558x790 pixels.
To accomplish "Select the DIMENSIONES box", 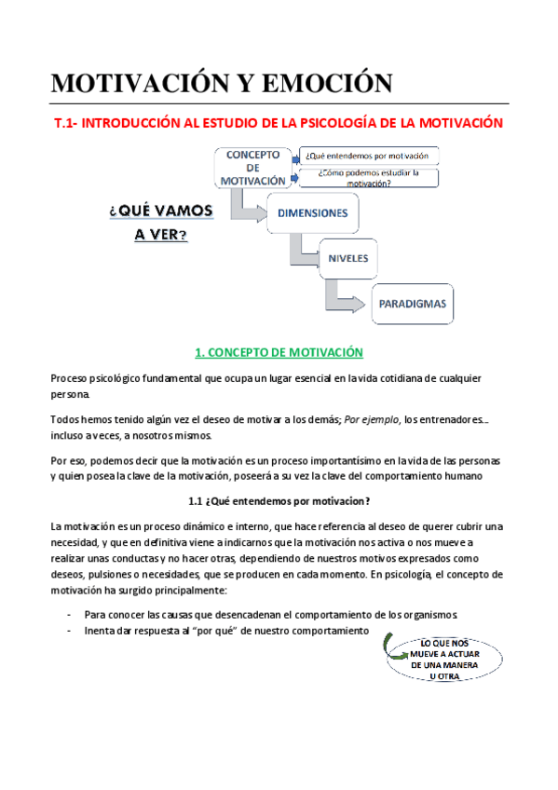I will pos(312,212).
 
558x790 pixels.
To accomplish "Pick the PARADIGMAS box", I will pos(412,303).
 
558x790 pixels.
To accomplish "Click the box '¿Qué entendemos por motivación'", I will pos(369,157).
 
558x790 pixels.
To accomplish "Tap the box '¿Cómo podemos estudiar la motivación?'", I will pos(369,178).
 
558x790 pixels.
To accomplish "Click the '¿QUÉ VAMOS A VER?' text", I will pos(161,222).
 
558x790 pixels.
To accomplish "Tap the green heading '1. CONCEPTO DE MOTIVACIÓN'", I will pos(279,352).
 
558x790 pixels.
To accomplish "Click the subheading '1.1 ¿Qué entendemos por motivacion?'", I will pos(279,500).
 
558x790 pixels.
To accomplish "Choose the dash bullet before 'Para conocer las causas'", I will pos(70,615).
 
